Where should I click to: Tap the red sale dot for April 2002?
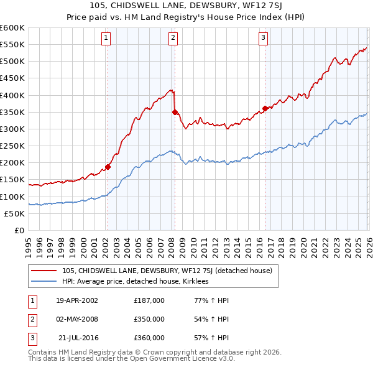coord(108,167)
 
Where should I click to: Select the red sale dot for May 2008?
coord(175,112)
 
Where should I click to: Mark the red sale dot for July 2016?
coord(265,108)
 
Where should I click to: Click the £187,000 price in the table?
coord(149,300)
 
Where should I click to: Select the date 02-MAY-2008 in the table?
coord(77,319)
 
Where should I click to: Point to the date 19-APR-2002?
coord(77,300)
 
